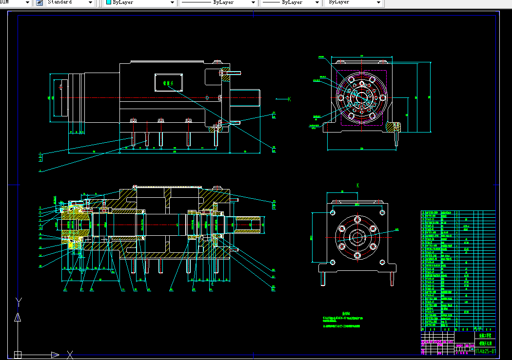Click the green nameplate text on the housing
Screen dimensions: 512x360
168,83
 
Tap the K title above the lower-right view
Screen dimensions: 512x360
357,186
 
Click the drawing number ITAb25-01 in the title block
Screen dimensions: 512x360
485,351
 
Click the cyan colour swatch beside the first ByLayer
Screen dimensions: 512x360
109,2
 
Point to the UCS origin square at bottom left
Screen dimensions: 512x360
18,354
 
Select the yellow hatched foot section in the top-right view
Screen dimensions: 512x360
394,127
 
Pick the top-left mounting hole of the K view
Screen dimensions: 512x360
333,212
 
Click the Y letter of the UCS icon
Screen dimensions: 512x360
18,300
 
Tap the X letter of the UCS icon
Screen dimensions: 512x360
70,354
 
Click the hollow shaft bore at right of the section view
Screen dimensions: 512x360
254,226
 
